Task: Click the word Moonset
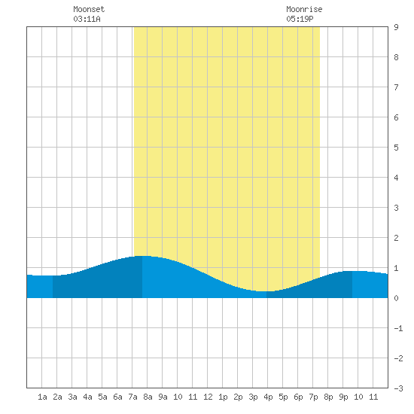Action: coord(89,9)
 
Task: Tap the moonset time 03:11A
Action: coord(87,19)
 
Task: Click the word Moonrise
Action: coord(304,9)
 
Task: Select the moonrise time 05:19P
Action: coord(300,19)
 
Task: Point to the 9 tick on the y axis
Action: coord(396,27)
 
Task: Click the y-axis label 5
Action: coord(396,148)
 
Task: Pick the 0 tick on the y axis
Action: coord(396,298)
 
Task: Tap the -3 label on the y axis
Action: coord(399,388)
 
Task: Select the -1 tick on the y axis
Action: coord(399,328)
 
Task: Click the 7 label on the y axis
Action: coord(396,87)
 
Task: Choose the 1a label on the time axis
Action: coord(42,397)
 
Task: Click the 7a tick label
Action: coord(132,397)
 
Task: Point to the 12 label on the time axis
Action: coord(208,397)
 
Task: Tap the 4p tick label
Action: coord(268,397)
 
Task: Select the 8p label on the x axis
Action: coord(328,397)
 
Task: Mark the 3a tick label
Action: coord(72,397)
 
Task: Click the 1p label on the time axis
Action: coord(223,397)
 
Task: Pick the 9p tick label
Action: coord(343,397)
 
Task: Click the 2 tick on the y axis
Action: coord(396,238)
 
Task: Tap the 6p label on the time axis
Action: coord(298,397)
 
